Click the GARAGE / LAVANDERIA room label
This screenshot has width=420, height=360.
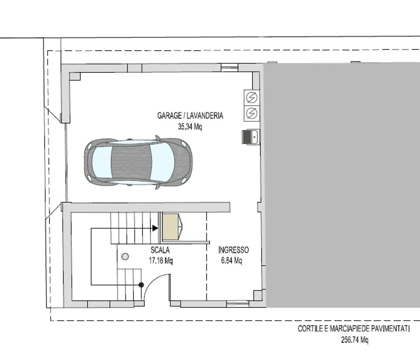(190, 116)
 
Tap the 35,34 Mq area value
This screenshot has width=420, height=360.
(190, 126)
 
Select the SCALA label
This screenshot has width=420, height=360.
(160, 250)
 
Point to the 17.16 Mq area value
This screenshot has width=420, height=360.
(161, 260)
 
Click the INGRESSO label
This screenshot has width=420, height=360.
(233, 250)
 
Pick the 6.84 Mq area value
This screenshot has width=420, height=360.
(231, 260)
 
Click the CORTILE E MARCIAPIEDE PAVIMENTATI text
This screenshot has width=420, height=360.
(354, 329)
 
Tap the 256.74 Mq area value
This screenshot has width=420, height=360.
(355, 340)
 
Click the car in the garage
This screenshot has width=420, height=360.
(138, 162)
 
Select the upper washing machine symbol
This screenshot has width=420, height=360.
(251, 97)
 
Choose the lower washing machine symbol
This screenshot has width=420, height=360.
(251, 113)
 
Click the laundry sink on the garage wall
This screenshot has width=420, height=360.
(251, 137)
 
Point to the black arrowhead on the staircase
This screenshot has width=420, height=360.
(155, 228)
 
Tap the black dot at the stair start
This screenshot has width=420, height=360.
(141, 285)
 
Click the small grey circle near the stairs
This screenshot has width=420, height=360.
(125, 257)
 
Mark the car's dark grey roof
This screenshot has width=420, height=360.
(132, 162)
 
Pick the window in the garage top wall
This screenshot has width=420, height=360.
(230, 67)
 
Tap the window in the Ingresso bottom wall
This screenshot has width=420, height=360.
(237, 304)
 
